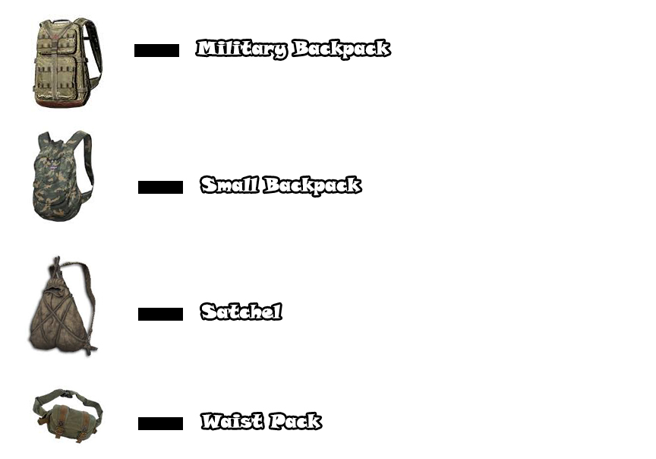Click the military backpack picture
[x=65, y=64]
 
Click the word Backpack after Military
[x=341, y=49]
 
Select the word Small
[x=229, y=185]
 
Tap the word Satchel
[x=241, y=312]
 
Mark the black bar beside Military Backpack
[x=156, y=51]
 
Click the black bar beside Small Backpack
[x=160, y=188]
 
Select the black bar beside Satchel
[x=160, y=315]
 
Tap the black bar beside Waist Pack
[x=160, y=424]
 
